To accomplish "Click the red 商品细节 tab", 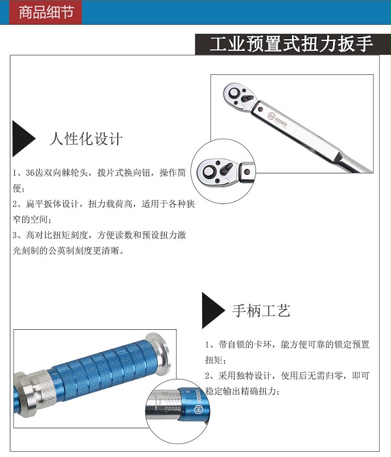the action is pyautogui.click(x=46, y=12).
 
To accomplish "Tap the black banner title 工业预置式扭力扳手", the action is pyautogui.click(x=291, y=44).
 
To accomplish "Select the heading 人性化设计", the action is pyautogui.click(x=86, y=139).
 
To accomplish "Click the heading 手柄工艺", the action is pyautogui.click(x=261, y=310).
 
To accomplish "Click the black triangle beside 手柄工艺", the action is pyautogui.click(x=212, y=310).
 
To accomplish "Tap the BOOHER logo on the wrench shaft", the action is pyautogui.click(x=277, y=121).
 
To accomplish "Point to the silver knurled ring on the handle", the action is pyautogui.click(x=44, y=387).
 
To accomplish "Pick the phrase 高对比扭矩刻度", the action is pyautogui.click(x=57, y=235).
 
